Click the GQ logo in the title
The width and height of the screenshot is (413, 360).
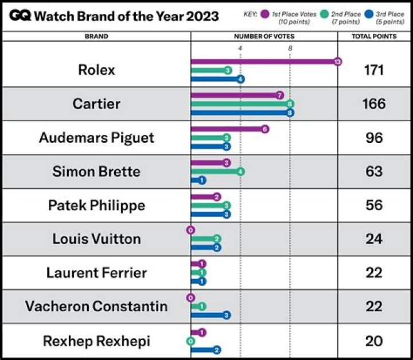pos(20,16)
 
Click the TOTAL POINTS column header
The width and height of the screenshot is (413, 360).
pos(374,36)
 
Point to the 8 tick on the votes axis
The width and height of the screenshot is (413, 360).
pos(290,48)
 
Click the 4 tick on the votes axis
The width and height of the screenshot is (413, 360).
pos(240,48)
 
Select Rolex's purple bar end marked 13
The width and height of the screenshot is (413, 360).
pos(338,61)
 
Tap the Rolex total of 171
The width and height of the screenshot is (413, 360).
pos(374,71)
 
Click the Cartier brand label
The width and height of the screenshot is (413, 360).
pos(96,104)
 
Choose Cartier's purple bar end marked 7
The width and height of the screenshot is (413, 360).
pos(279,95)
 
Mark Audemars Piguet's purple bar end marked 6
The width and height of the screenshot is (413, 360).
pos(264,129)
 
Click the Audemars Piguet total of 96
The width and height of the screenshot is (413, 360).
pos(374,138)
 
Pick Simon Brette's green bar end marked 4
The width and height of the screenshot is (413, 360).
pos(240,171)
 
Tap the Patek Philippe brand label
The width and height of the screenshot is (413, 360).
pos(96,205)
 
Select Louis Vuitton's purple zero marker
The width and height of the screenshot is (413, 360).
pos(190,230)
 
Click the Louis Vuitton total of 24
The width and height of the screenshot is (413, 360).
pos(374,238)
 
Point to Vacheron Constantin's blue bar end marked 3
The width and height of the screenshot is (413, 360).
pos(227,315)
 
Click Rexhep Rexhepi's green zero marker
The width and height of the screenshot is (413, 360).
pos(190,341)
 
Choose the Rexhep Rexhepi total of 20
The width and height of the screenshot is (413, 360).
pos(374,340)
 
